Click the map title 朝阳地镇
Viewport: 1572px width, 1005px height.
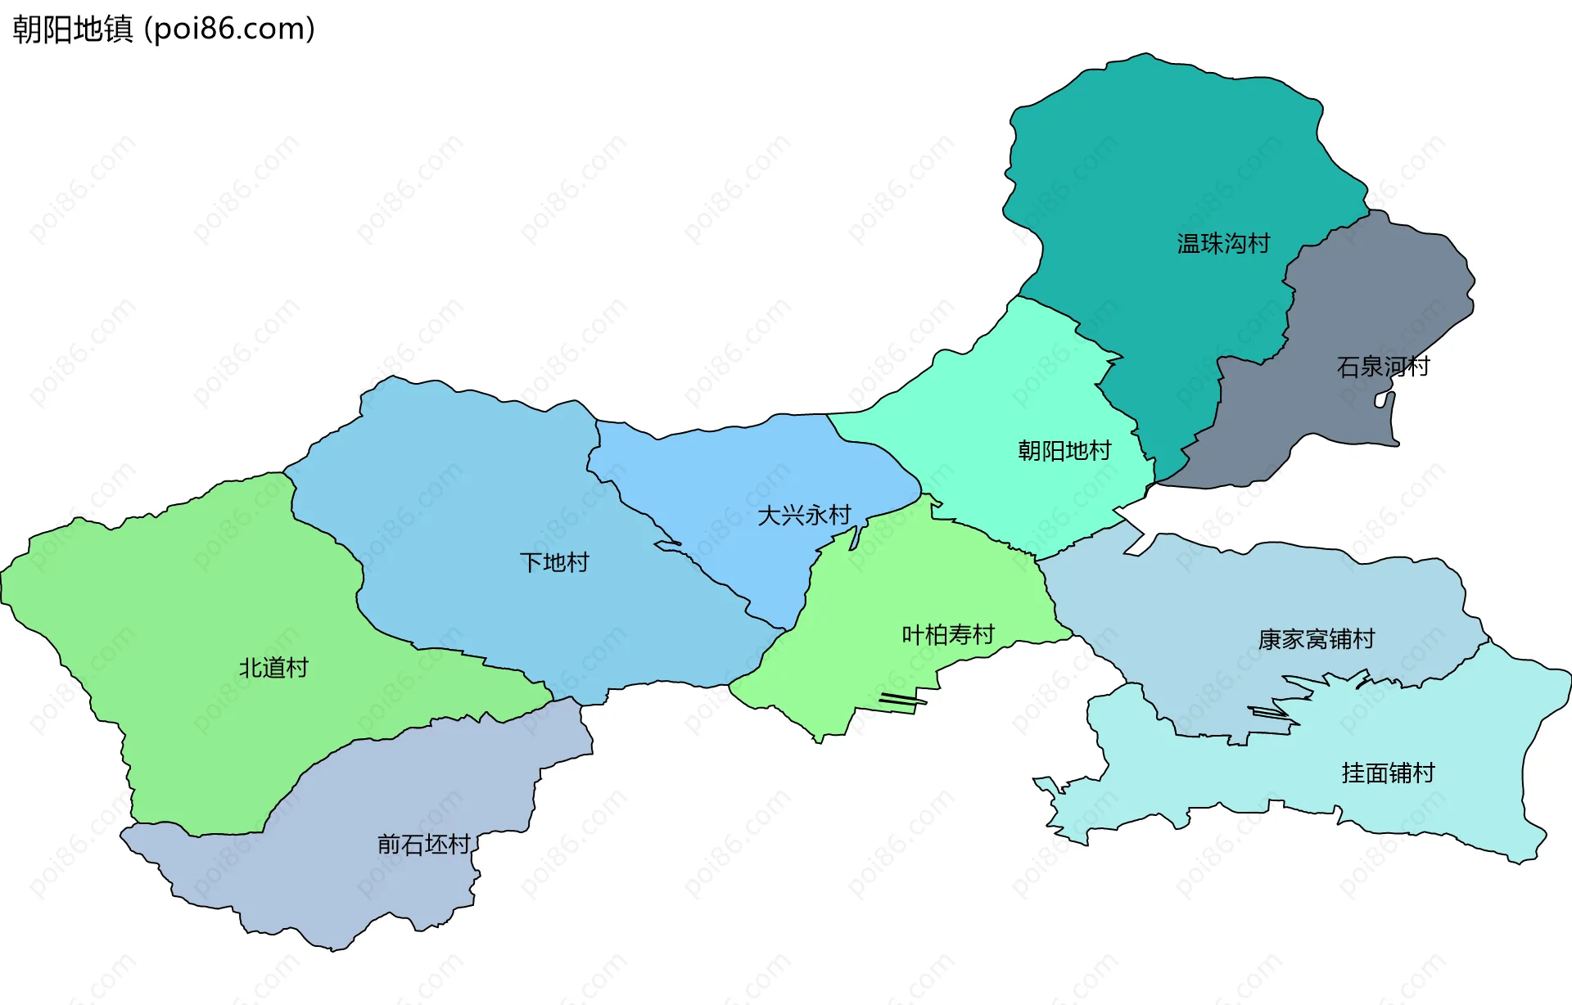[72, 29]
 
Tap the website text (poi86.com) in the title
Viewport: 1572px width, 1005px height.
[230, 29]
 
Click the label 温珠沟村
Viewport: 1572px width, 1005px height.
[1223, 243]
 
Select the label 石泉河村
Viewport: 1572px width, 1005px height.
[1383, 366]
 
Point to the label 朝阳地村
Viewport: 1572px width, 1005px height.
[1064, 450]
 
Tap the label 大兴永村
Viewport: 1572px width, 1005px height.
[804, 515]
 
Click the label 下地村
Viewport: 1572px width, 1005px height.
[554, 562]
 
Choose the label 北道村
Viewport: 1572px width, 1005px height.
[273, 668]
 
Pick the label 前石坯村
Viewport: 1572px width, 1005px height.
[423, 844]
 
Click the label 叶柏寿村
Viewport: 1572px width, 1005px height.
[947, 634]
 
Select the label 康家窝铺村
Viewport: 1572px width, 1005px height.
[1316, 639]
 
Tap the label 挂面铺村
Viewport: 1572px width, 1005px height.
[1388, 773]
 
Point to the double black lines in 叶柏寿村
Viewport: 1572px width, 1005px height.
[901, 699]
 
